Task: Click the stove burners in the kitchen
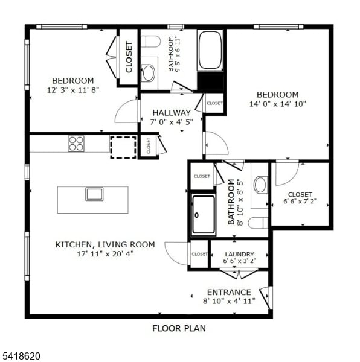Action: coord(76,144)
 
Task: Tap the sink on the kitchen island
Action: coord(94,194)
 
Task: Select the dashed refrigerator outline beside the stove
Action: coord(123,147)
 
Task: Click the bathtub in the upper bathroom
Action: coord(210,49)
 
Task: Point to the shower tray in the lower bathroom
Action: coord(204,215)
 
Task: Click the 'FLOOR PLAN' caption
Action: coord(179,329)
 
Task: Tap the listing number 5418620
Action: coord(21,357)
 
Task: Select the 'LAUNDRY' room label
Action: coord(239,255)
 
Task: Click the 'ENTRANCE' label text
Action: coord(229,292)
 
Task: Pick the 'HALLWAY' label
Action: coord(172,113)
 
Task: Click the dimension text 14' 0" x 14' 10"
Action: coord(278,104)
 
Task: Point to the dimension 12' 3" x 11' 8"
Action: coord(72,90)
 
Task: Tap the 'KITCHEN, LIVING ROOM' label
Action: coord(105,245)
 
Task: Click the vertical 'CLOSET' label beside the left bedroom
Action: coord(129,57)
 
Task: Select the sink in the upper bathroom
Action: coord(148,73)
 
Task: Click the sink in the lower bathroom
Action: coord(260,185)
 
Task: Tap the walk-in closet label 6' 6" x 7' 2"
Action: coord(300,202)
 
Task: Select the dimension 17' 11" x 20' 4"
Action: coord(105,254)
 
